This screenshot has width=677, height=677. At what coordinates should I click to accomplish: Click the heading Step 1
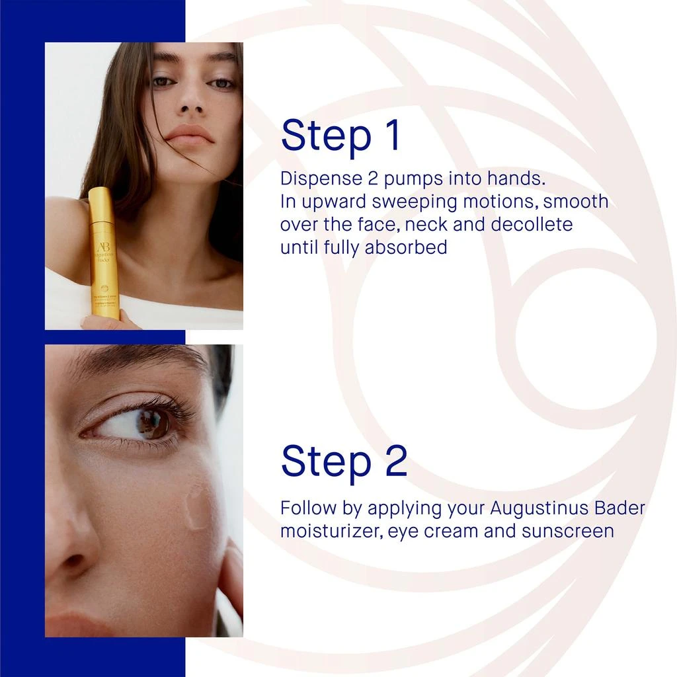click(340, 136)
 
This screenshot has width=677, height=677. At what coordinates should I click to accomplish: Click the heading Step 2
click(344, 461)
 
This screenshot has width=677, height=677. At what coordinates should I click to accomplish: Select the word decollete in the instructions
click(532, 224)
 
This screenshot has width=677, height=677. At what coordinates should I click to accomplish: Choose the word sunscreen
click(567, 531)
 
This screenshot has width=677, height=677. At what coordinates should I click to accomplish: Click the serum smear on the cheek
click(196, 505)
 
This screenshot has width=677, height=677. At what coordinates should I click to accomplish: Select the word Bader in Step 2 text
click(617, 508)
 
